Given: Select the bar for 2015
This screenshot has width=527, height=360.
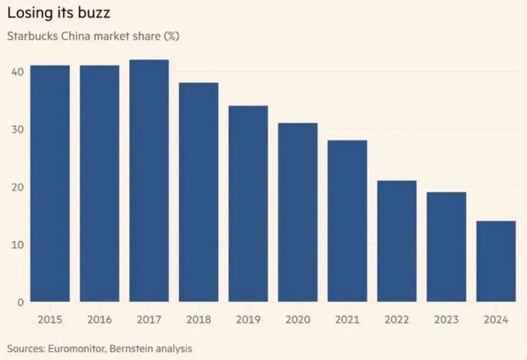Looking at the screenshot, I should [x=50, y=184].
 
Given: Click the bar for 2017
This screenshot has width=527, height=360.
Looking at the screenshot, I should [x=149, y=181].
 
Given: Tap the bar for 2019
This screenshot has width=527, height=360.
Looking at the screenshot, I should [x=248, y=204].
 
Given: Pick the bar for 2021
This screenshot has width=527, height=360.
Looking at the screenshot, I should [x=347, y=221].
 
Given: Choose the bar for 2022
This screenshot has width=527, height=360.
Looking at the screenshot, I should [x=397, y=241].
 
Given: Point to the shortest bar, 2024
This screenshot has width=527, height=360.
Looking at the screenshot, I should [x=496, y=261].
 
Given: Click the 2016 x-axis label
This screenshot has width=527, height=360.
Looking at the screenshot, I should [x=99, y=320].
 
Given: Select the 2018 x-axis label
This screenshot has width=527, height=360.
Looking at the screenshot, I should [x=198, y=320].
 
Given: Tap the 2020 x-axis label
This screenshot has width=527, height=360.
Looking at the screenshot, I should [x=298, y=320].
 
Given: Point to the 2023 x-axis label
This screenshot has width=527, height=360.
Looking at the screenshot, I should [x=446, y=320].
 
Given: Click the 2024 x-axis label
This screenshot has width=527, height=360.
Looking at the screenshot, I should [x=496, y=320].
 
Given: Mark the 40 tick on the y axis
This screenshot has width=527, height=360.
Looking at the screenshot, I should [x=16, y=72].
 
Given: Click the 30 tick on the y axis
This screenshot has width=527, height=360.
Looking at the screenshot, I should [x=16, y=129].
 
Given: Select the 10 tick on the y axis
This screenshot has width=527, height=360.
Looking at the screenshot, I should [x=16, y=244].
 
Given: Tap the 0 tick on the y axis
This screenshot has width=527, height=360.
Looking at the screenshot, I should [x=19, y=302].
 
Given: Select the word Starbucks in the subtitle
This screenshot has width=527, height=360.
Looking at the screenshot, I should [x=32, y=38].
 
